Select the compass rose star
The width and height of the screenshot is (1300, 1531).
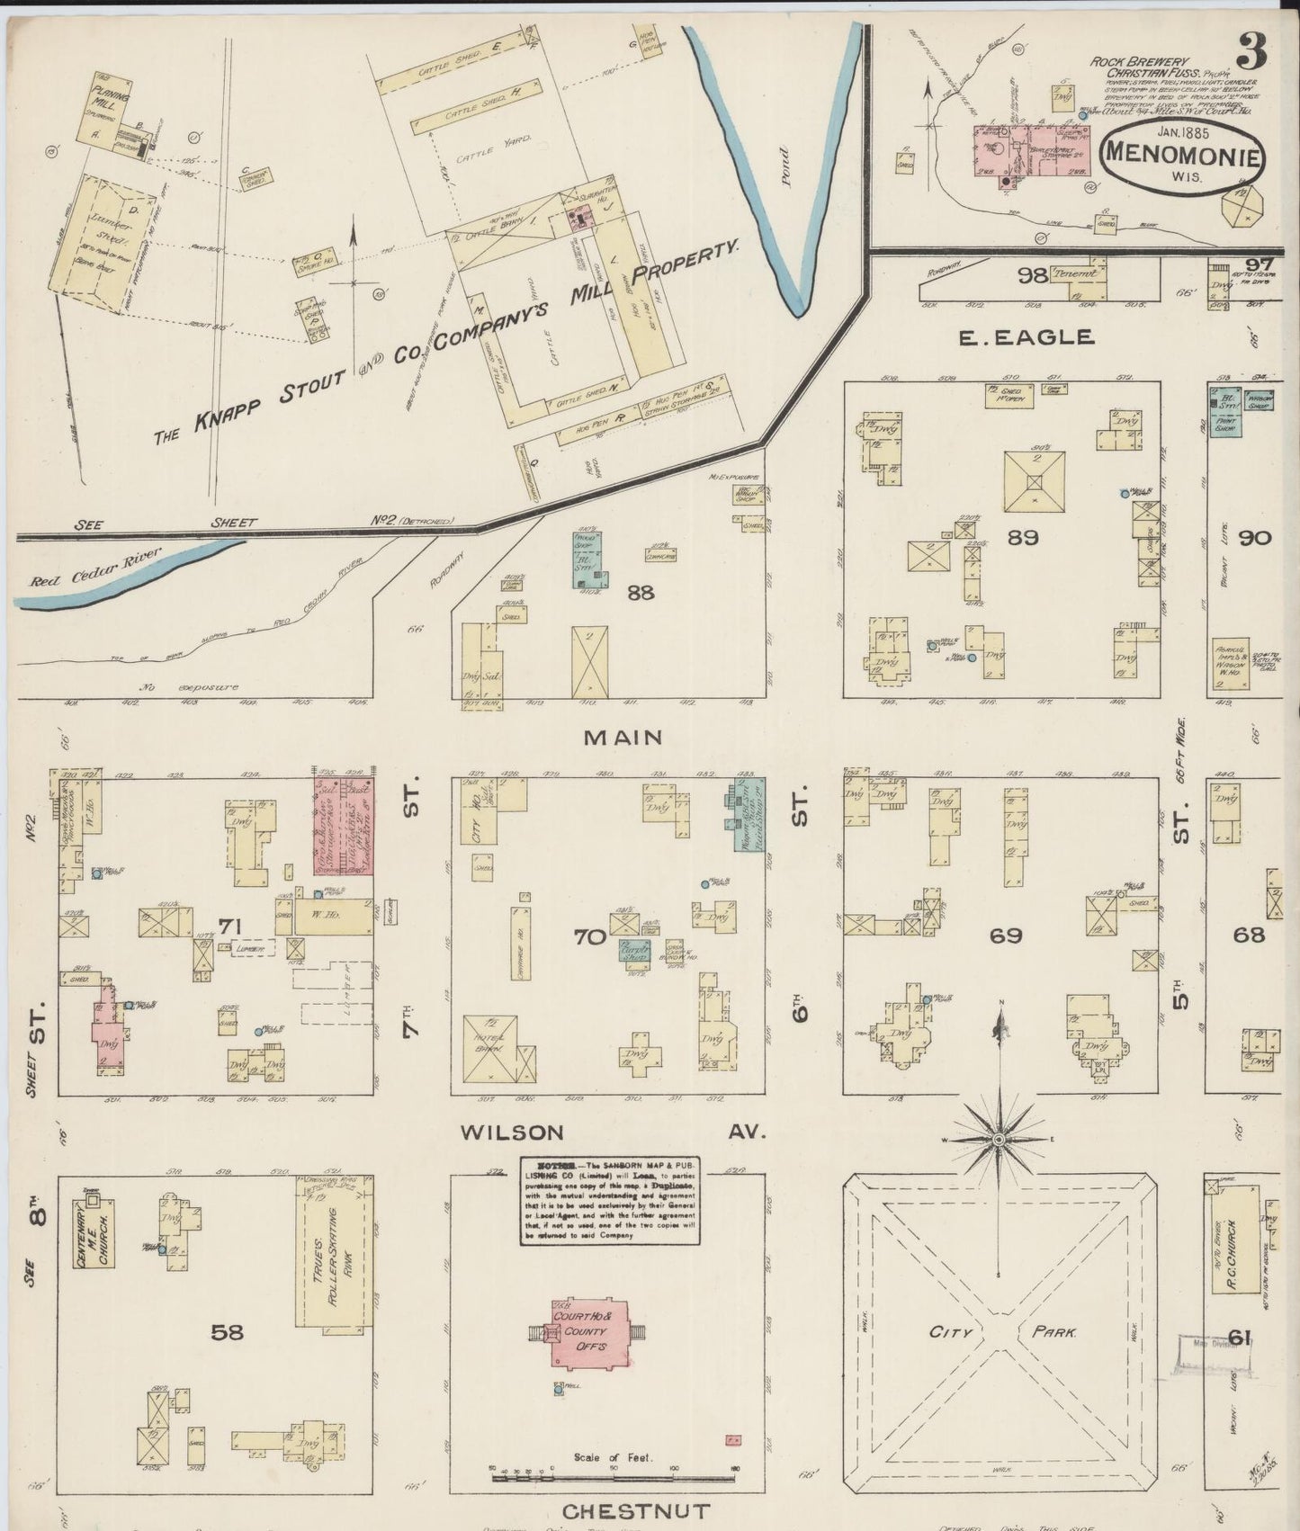pos(999,1140)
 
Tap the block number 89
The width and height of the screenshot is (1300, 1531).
pos(1024,537)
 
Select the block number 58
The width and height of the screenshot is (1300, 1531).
pos(227,1331)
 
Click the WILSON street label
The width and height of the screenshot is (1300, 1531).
pos(512,1132)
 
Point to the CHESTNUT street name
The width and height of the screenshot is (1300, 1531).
pos(637,1511)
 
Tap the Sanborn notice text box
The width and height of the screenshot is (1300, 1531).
pos(609,1200)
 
